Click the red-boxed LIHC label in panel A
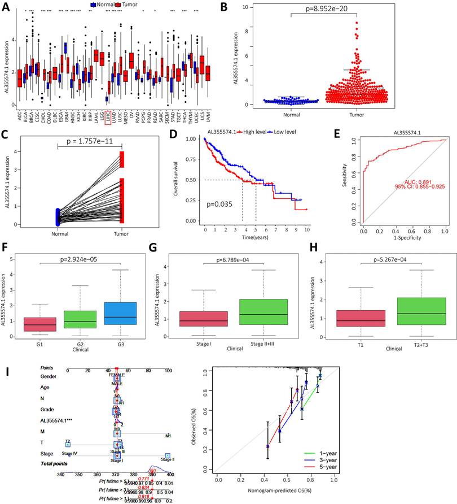pyautogui.click(x=108, y=116)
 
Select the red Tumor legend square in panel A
pyautogui.click(x=119, y=4)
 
